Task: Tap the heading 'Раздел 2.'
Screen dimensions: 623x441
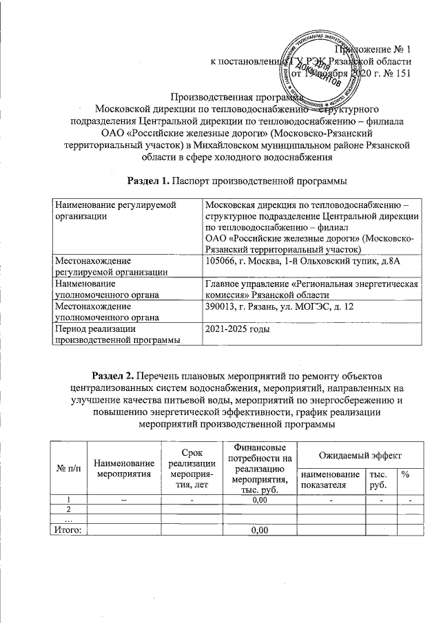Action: tap(112, 375)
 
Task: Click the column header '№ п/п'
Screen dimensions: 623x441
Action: tap(67, 469)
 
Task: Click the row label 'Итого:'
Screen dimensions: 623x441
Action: tap(63, 529)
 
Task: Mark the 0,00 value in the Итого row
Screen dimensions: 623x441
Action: tap(259, 529)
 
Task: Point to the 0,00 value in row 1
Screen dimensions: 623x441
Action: tap(259, 499)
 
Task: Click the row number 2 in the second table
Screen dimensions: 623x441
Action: tap(68, 509)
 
